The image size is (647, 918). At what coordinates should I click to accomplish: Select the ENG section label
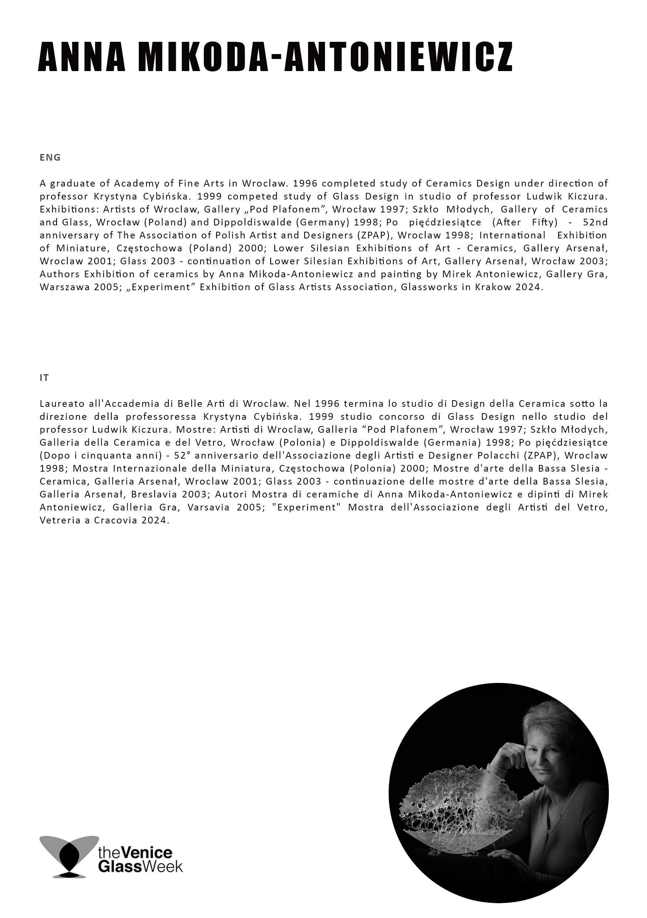50,158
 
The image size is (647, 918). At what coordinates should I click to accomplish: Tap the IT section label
44,378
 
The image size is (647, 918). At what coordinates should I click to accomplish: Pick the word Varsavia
208,507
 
